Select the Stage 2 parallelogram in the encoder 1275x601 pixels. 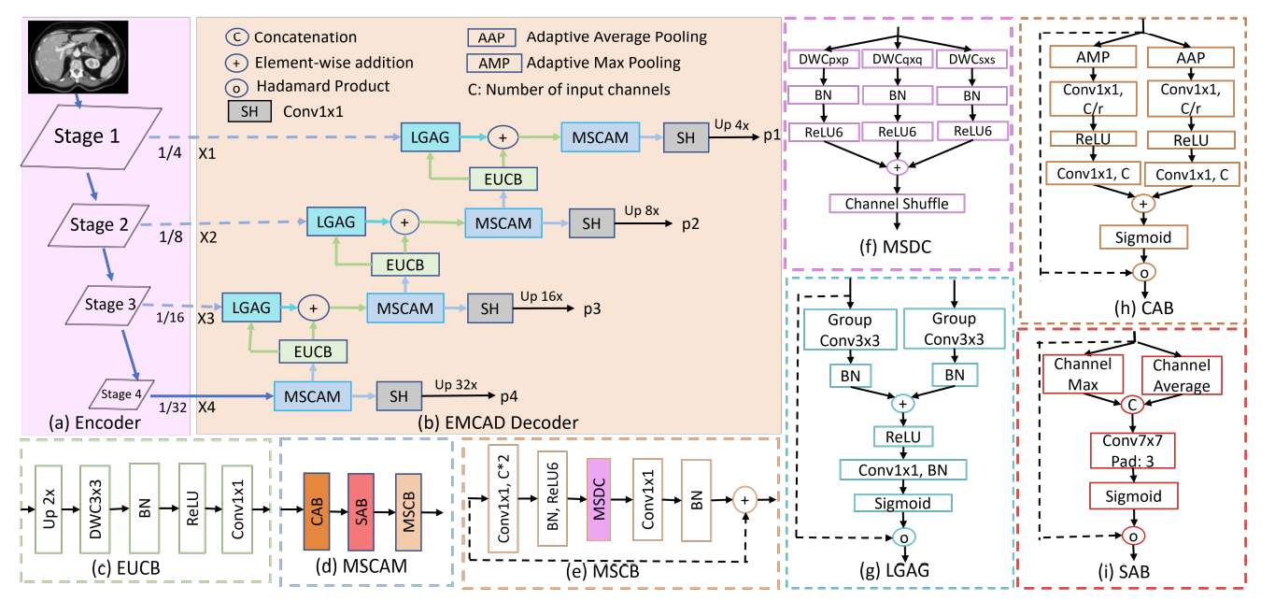104,223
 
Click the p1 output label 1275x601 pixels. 771,136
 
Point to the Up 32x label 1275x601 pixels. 457,383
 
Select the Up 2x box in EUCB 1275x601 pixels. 51,509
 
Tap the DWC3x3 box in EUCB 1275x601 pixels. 96,509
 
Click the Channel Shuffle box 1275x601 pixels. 897,203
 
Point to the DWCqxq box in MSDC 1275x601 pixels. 897,60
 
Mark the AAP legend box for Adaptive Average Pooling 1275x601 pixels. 489,37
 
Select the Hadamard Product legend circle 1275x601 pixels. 236,86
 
